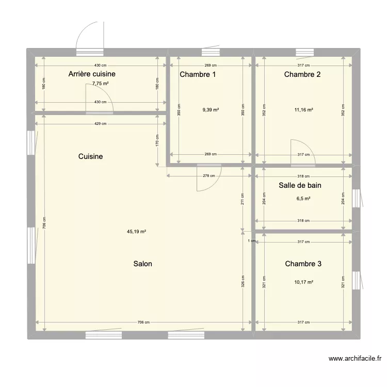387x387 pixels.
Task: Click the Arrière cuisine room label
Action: point(95,74)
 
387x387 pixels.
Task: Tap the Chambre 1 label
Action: point(198,74)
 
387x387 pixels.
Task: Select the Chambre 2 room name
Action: point(302,74)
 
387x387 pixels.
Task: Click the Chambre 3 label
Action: point(303,264)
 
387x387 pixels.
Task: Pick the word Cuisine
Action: point(91,156)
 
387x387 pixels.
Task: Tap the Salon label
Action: point(142,264)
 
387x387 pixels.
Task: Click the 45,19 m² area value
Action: point(136,232)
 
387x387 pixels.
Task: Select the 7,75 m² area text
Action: point(101,84)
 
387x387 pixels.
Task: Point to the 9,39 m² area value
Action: point(211,109)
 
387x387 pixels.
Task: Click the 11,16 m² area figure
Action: point(304,109)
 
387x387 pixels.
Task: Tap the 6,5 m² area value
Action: point(303,198)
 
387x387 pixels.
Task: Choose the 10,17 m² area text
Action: point(304,282)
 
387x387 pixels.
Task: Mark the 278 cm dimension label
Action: point(209,176)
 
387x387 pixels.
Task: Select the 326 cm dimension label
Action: point(243,281)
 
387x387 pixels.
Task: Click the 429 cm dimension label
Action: point(101,124)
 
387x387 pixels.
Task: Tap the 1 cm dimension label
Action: point(251,241)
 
